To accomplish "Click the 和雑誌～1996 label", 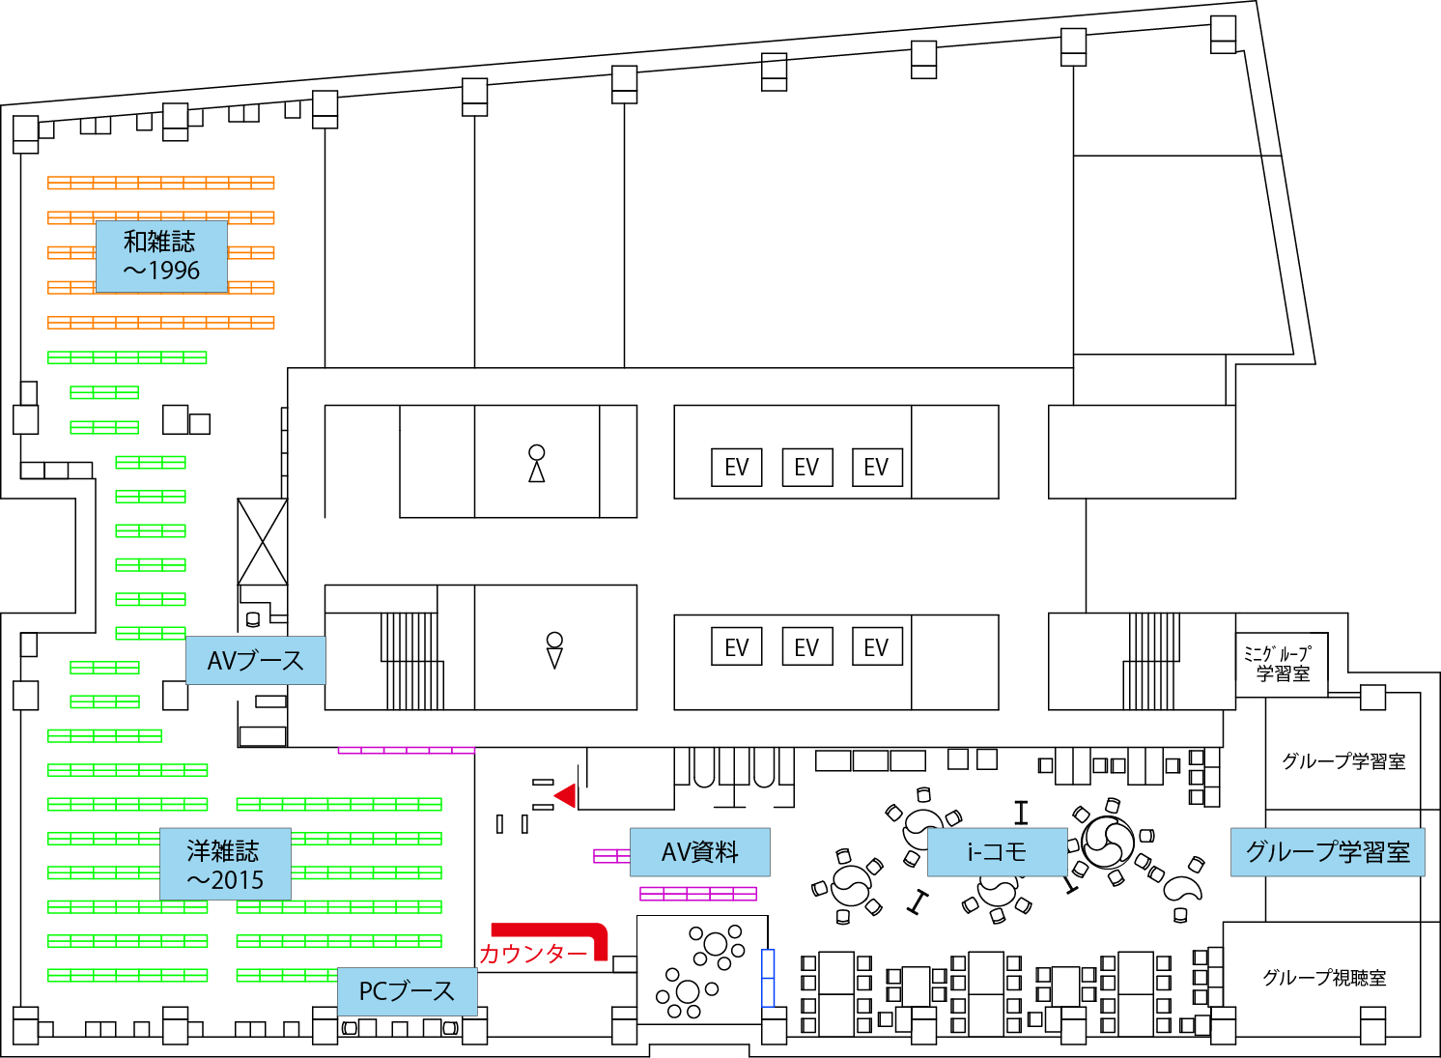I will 161,256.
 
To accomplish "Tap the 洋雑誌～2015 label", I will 225,865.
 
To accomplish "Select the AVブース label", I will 255,661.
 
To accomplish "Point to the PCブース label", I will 407,991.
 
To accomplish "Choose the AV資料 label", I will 699,852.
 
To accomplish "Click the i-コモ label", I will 997,852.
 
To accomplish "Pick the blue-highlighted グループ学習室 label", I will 1327,852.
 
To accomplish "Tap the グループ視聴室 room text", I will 1323,978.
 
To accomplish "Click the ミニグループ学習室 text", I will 1281,664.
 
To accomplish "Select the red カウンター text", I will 533,954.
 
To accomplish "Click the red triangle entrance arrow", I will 566,795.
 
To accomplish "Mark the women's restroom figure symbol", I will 537,463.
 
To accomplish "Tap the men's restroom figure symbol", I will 554,650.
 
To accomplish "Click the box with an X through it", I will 263,541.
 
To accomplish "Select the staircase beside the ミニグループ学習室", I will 1150,661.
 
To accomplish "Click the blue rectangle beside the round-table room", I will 769,977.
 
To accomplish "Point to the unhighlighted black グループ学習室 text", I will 1342,761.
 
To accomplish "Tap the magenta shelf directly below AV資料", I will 697,893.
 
